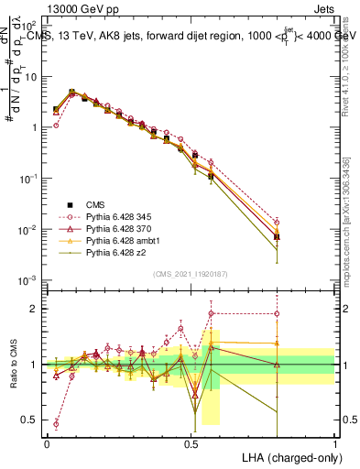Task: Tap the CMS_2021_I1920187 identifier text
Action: click(191, 274)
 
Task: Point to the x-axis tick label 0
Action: click(47, 442)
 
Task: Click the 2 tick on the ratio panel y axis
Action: click(35, 309)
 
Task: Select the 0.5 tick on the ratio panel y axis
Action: click(31, 420)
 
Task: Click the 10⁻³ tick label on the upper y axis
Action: click(29, 278)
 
